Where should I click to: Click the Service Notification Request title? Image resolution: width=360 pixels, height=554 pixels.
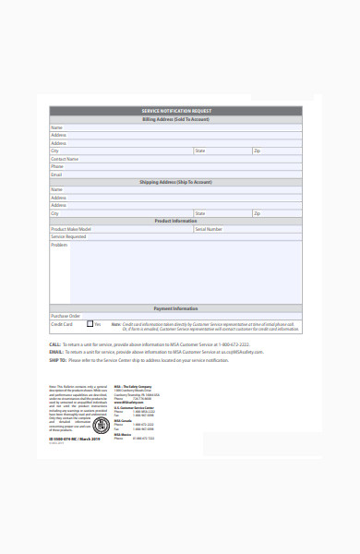[x=175, y=111]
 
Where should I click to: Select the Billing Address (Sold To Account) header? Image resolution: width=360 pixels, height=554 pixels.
[x=175, y=119]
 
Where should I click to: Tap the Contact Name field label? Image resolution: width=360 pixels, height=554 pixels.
[x=64, y=159]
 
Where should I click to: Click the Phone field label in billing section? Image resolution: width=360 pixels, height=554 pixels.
[x=57, y=166]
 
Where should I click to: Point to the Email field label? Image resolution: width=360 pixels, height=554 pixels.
[x=56, y=174]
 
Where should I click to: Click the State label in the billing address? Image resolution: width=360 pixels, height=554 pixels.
[x=200, y=151]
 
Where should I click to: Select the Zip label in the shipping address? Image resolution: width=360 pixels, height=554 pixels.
[x=258, y=213]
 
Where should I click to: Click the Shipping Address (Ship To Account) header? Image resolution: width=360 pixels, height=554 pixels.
[x=175, y=182]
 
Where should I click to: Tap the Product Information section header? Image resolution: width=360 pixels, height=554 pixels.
[x=175, y=221]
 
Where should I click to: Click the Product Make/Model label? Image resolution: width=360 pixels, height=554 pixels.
[x=71, y=229]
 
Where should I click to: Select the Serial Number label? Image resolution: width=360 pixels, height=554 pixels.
[x=209, y=229]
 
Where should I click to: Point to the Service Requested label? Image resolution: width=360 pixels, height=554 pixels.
[x=68, y=236]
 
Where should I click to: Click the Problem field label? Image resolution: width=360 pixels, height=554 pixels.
[x=59, y=245]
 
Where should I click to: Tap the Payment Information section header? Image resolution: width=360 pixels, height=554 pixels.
[x=175, y=308]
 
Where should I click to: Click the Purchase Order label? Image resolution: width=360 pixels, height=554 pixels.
[x=66, y=316]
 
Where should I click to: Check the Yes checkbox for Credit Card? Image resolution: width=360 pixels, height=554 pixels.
[x=90, y=324]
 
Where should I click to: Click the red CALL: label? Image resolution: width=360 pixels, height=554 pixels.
[x=55, y=343]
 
